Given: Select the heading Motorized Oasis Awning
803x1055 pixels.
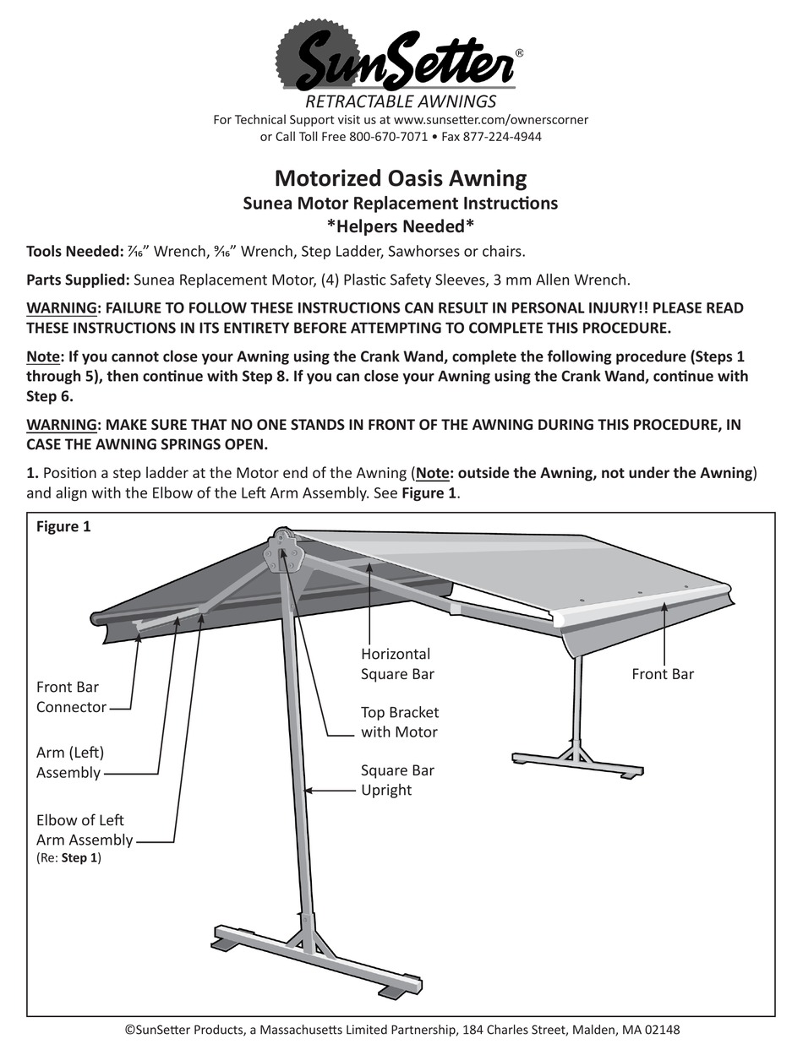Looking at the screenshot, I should click(401, 178).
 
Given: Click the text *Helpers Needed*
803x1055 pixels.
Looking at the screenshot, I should click(401, 226).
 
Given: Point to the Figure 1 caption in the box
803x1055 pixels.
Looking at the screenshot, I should click(63, 527).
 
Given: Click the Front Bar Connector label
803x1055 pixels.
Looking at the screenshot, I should click(71, 697).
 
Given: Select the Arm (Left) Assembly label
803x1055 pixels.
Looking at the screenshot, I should click(69, 762).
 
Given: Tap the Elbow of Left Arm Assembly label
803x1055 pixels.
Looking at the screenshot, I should click(84, 829).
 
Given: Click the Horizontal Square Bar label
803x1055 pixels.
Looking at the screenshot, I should click(396, 663).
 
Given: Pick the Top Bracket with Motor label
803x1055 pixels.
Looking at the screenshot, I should click(400, 722).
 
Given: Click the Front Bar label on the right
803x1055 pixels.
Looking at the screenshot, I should click(663, 674).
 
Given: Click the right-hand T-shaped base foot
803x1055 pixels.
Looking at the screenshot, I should click(578, 759).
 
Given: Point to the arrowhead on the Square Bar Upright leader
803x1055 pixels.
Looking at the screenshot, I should click(309, 791).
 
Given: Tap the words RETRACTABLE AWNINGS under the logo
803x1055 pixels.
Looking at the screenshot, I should click(401, 102).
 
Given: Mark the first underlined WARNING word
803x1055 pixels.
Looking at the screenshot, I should click(62, 307).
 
